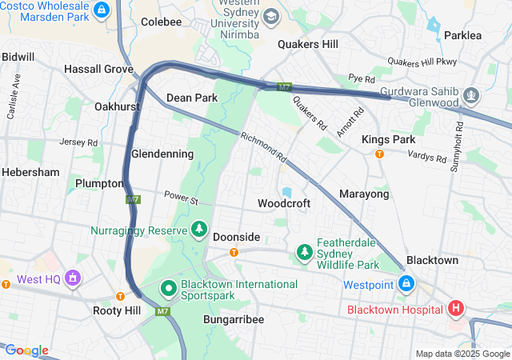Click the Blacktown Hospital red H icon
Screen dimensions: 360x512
(456, 308)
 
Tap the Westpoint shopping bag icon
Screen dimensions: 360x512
(406, 284)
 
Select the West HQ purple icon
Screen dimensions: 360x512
(74, 278)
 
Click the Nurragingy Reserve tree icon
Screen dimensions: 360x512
(198, 230)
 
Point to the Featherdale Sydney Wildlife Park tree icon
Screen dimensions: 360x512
(304, 253)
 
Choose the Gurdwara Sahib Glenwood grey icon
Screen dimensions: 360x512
(471, 96)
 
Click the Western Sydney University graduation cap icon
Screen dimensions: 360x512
(271, 16)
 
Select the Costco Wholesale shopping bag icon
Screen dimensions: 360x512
(101, 10)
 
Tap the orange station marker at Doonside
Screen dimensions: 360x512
(234, 253)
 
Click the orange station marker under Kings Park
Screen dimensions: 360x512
(379, 154)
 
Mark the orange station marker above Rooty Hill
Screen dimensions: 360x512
(120, 296)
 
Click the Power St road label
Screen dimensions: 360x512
(181, 195)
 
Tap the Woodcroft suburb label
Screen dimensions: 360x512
(283, 204)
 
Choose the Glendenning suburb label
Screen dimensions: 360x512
(162, 154)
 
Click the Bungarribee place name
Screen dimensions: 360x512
(234, 319)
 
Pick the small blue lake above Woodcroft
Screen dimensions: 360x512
(286, 192)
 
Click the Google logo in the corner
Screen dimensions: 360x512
(26, 350)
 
